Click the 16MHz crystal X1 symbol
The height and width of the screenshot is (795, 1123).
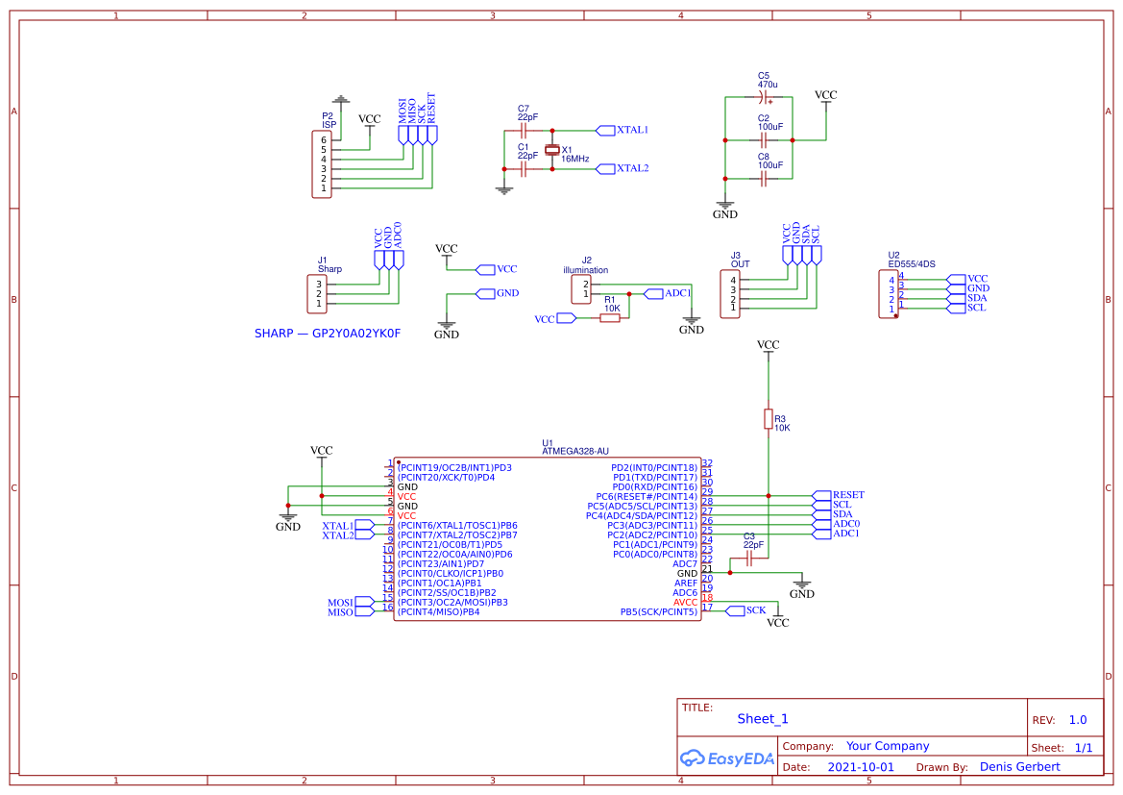click(x=551, y=149)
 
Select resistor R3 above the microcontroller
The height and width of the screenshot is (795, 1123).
click(x=768, y=418)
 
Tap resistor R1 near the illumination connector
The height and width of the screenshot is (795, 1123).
click(x=610, y=317)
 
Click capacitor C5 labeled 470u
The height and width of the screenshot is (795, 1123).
click(x=765, y=97)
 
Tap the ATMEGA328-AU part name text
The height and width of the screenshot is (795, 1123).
click(x=574, y=451)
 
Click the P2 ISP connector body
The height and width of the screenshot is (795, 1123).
click(x=321, y=164)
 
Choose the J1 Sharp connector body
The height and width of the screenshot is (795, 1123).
click(x=317, y=293)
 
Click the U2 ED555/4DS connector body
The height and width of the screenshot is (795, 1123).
click(x=889, y=293)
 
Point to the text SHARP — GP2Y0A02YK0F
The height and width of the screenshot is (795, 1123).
click(x=327, y=334)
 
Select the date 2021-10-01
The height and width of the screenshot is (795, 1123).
click(x=860, y=767)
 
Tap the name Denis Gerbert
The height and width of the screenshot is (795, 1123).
click(x=1019, y=766)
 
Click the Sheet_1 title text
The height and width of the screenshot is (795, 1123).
click(x=762, y=718)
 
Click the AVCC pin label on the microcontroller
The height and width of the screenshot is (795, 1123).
click(x=685, y=602)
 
